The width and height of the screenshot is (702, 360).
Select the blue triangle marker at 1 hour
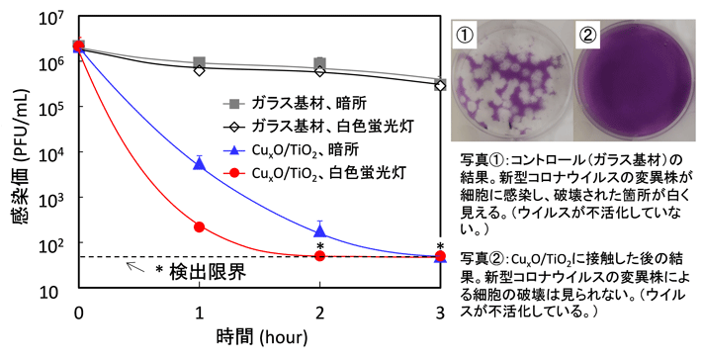(200, 163)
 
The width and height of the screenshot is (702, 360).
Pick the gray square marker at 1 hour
(200, 62)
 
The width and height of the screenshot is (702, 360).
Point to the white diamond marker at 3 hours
(440, 85)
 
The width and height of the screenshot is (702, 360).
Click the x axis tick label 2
(320, 313)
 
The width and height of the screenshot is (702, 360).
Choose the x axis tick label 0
(79, 313)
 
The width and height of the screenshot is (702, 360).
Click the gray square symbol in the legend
(234, 102)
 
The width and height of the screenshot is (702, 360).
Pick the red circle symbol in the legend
(234, 172)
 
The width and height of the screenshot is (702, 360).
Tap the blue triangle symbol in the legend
(234, 149)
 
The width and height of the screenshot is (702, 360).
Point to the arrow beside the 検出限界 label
(132, 266)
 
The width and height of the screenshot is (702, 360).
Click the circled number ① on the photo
(468, 36)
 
